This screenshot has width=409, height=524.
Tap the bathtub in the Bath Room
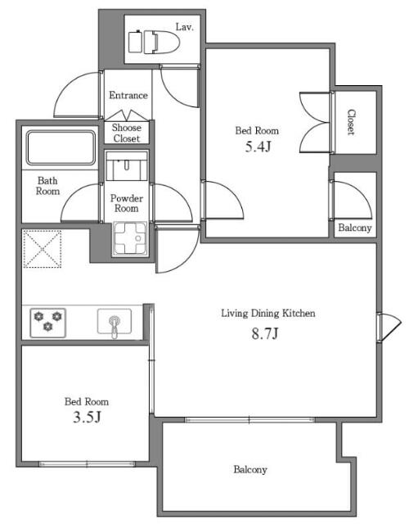(x=61, y=147)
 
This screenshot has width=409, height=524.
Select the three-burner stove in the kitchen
(x=47, y=323)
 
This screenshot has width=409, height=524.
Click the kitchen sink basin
(x=115, y=322)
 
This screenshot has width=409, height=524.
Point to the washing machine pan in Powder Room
(x=130, y=238)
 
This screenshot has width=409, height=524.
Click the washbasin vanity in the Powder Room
(x=127, y=166)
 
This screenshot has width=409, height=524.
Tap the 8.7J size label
(x=265, y=333)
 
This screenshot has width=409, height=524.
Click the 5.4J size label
(x=258, y=147)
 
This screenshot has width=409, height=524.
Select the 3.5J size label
(x=87, y=417)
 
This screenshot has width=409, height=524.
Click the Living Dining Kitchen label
(x=268, y=314)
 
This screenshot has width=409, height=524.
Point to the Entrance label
(x=128, y=95)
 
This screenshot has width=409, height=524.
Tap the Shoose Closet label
(x=127, y=133)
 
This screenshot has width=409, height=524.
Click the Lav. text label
(x=185, y=27)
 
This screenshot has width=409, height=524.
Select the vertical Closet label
(x=351, y=122)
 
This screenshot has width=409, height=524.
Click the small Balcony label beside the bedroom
(x=354, y=228)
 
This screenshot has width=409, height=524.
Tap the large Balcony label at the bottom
(x=250, y=469)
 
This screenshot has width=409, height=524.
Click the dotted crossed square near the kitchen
(x=42, y=249)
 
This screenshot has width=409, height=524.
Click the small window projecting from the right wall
(x=389, y=327)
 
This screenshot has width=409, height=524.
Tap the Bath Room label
(x=47, y=186)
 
